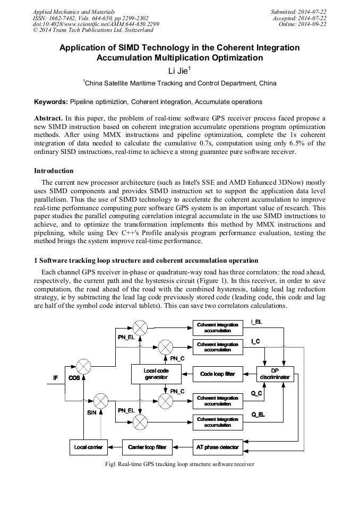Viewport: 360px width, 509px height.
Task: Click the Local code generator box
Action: coord(156,374)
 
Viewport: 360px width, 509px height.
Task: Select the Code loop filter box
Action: coord(217,374)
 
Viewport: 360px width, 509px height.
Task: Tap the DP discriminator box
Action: coord(275,374)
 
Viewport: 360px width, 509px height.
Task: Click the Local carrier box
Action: coord(88,447)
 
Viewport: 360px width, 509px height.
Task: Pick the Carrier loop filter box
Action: coord(147,447)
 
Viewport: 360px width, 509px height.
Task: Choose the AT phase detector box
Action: coord(217,447)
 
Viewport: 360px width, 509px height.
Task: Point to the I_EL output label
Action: coord(256,322)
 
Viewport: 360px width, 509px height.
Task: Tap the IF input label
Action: coord(55,378)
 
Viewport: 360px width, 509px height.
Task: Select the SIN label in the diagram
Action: coord(91,412)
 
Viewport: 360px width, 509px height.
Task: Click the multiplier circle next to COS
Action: coord(84,366)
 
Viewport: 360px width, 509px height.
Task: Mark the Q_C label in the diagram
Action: coord(256,393)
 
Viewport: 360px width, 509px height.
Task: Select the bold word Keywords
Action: coord(51,101)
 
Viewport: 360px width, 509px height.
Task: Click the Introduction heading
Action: coord(54,171)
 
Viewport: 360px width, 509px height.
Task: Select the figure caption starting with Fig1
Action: coord(179,464)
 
